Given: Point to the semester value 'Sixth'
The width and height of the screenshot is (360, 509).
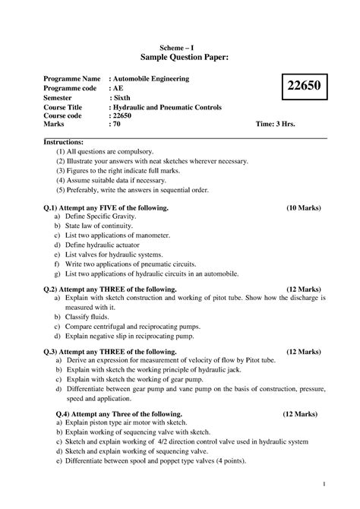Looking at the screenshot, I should coord(124,99).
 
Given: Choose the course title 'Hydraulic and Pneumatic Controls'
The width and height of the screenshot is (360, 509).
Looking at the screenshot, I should coord(167,109).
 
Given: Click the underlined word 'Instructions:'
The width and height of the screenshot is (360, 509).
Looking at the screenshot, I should coord(65,142).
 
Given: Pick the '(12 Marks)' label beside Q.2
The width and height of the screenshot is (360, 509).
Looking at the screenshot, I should coord(303,289).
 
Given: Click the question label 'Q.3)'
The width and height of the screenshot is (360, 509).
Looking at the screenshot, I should coord(54,352).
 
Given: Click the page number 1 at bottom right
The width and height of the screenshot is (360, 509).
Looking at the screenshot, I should coord(324,484).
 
